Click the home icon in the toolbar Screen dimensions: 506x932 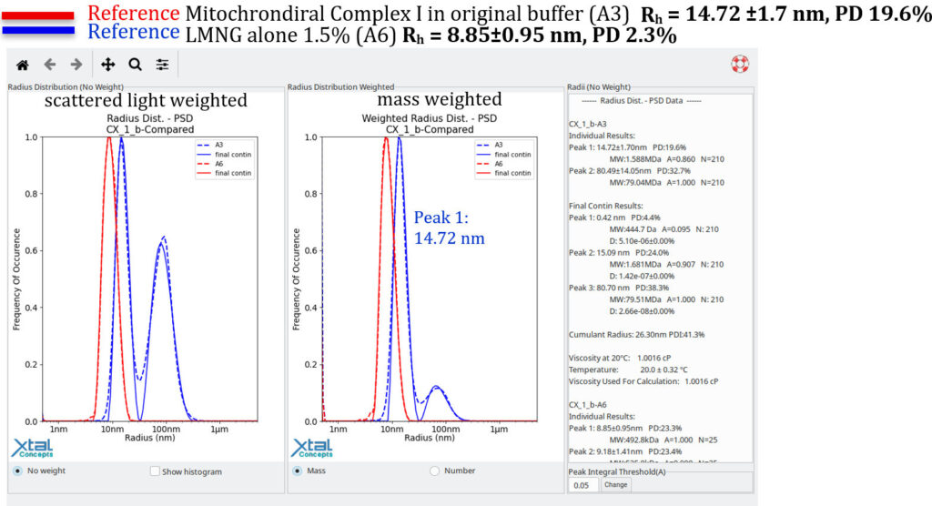coord(23,65)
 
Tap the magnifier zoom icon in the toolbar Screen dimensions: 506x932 coord(135,65)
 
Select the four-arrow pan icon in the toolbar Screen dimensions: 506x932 coord(107,65)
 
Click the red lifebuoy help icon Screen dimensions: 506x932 coord(739,65)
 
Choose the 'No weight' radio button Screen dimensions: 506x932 coord(18,471)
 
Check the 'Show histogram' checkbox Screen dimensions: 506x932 coord(155,471)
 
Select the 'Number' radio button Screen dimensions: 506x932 coord(434,471)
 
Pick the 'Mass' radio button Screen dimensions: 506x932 coord(297,471)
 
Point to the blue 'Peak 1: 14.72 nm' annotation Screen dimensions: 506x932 coord(449,228)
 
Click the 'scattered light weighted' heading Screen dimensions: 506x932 coord(146,100)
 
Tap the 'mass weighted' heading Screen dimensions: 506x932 coord(439,99)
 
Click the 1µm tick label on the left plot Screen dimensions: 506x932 coord(218,428)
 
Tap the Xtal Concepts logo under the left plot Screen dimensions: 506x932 coord(32,448)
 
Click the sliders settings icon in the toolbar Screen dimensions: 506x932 coord(162,65)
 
